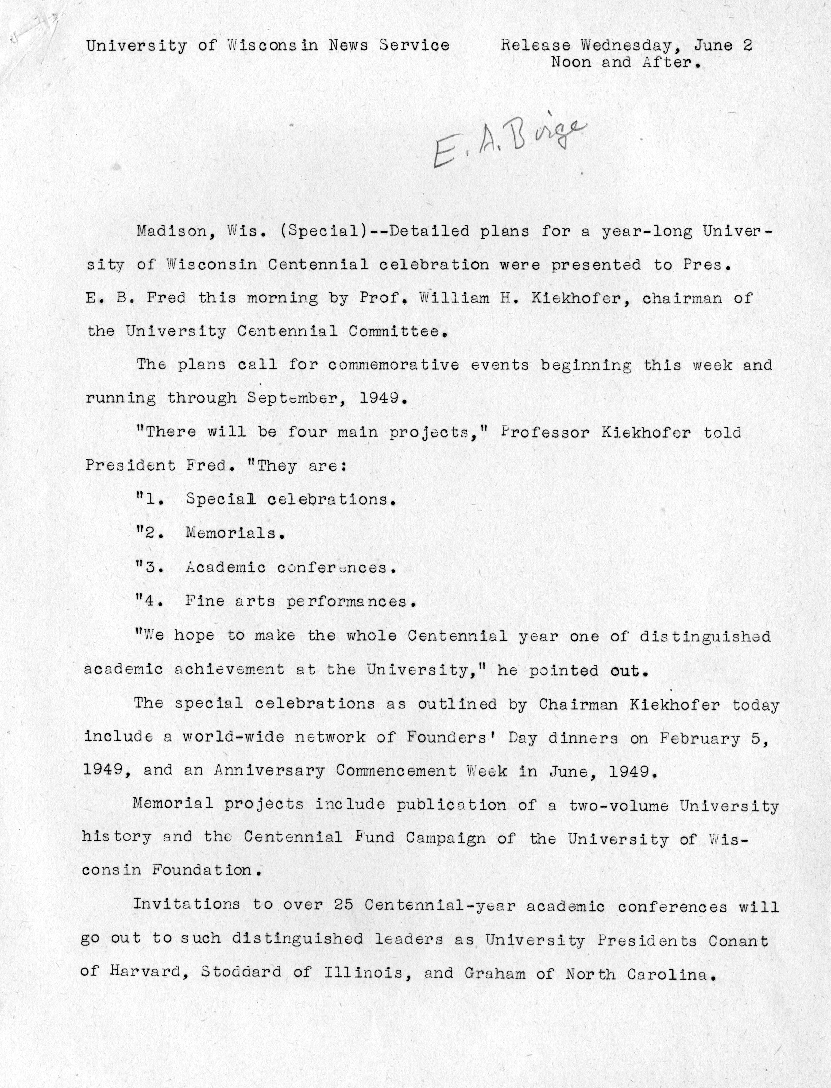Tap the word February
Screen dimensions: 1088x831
tap(700, 738)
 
